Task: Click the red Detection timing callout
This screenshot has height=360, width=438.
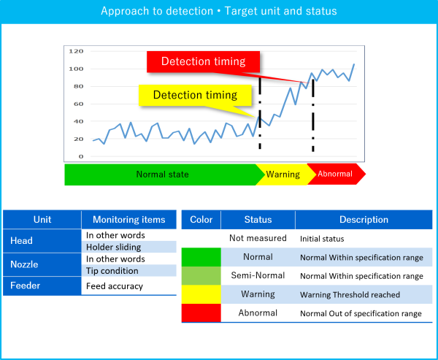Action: pyautogui.click(x=203, y=61)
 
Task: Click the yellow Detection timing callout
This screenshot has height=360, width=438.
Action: pyautogui.click(x=195, y=95)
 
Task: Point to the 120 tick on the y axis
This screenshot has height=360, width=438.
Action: pyautogui.click(x=76, y=52)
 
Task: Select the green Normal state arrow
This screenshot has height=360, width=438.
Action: pyautogui.click(x=162, y=175)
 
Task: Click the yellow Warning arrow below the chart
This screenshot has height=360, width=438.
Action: pyautogui.click(x=283, y=175)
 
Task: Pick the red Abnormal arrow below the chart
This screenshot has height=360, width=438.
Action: pyautogui.click(x=335, y=174)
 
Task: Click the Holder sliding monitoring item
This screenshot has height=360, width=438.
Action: pyautogui.click(x=128, y=247)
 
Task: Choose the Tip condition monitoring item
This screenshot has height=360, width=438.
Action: pyautogui.click(x=128, y=270)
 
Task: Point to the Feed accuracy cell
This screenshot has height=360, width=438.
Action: pyautogui.click(x=128, y=286)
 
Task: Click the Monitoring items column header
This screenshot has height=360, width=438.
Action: pyautogui.click(x=128, y=219)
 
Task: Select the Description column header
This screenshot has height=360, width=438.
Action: pyautogui.click(x=364, y=219)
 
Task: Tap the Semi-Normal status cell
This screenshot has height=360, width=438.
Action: pyautogui.click(x=258, y=276)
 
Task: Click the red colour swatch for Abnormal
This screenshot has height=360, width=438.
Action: pyautogui.click(x=201, y=313)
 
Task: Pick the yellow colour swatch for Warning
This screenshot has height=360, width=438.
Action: pyautogui.click(x=201, y=294)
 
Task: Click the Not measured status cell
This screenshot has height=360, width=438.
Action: pyautogui.click(x=258, y=239)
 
